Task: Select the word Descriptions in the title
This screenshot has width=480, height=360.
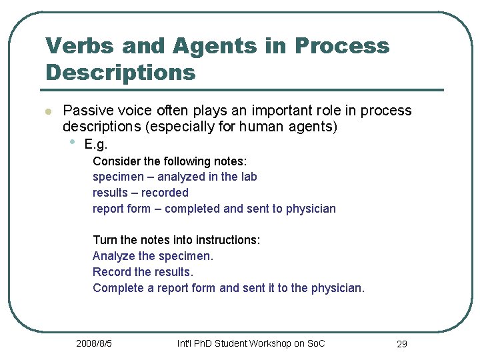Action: coord(121,71)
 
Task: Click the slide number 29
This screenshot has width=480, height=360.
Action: coord(401,344)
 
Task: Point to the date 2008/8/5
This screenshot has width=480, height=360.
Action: coord(94,343)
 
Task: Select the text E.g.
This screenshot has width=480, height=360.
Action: coord(96,145)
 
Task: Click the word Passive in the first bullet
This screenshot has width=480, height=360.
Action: coord(87,111)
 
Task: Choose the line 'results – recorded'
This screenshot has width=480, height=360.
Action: coord(141,193)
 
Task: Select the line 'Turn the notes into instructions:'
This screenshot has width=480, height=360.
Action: coord(176,240)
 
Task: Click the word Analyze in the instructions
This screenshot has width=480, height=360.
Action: coord(113,256)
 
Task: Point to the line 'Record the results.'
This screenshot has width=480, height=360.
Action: coord(143,272)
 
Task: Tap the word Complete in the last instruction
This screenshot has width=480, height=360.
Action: coord(117,288)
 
